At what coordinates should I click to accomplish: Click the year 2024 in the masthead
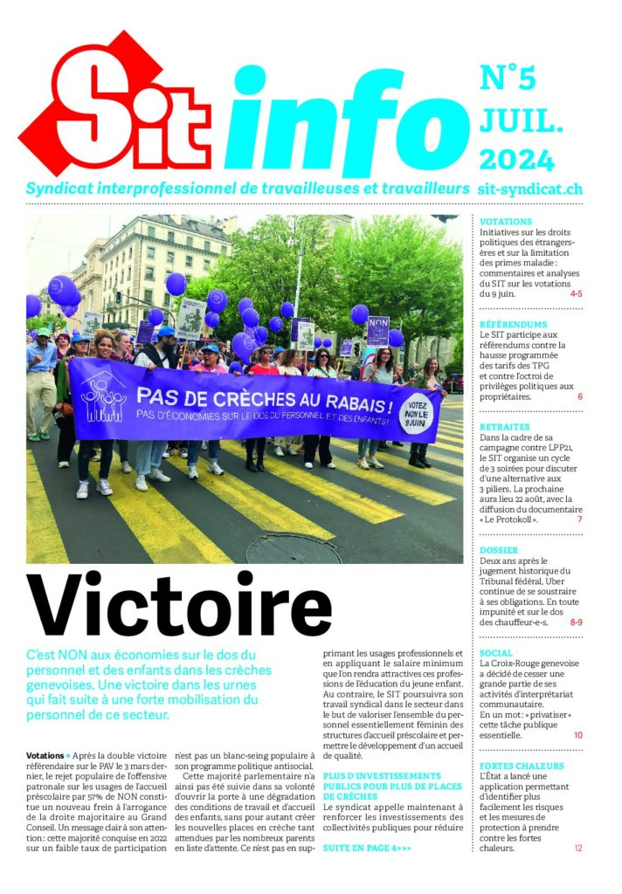click(516, 160)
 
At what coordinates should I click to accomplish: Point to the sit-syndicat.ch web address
click(530, 189)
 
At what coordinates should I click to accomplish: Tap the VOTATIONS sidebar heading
click(506, 222)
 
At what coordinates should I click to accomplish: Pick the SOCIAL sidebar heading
click(496, 652)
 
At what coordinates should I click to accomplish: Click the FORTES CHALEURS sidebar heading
click(522, 766)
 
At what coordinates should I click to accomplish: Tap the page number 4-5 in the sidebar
click(576, 293)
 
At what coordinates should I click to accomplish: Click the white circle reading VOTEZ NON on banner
click(416, 413)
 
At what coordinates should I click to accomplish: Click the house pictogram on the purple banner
click(104, 395)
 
